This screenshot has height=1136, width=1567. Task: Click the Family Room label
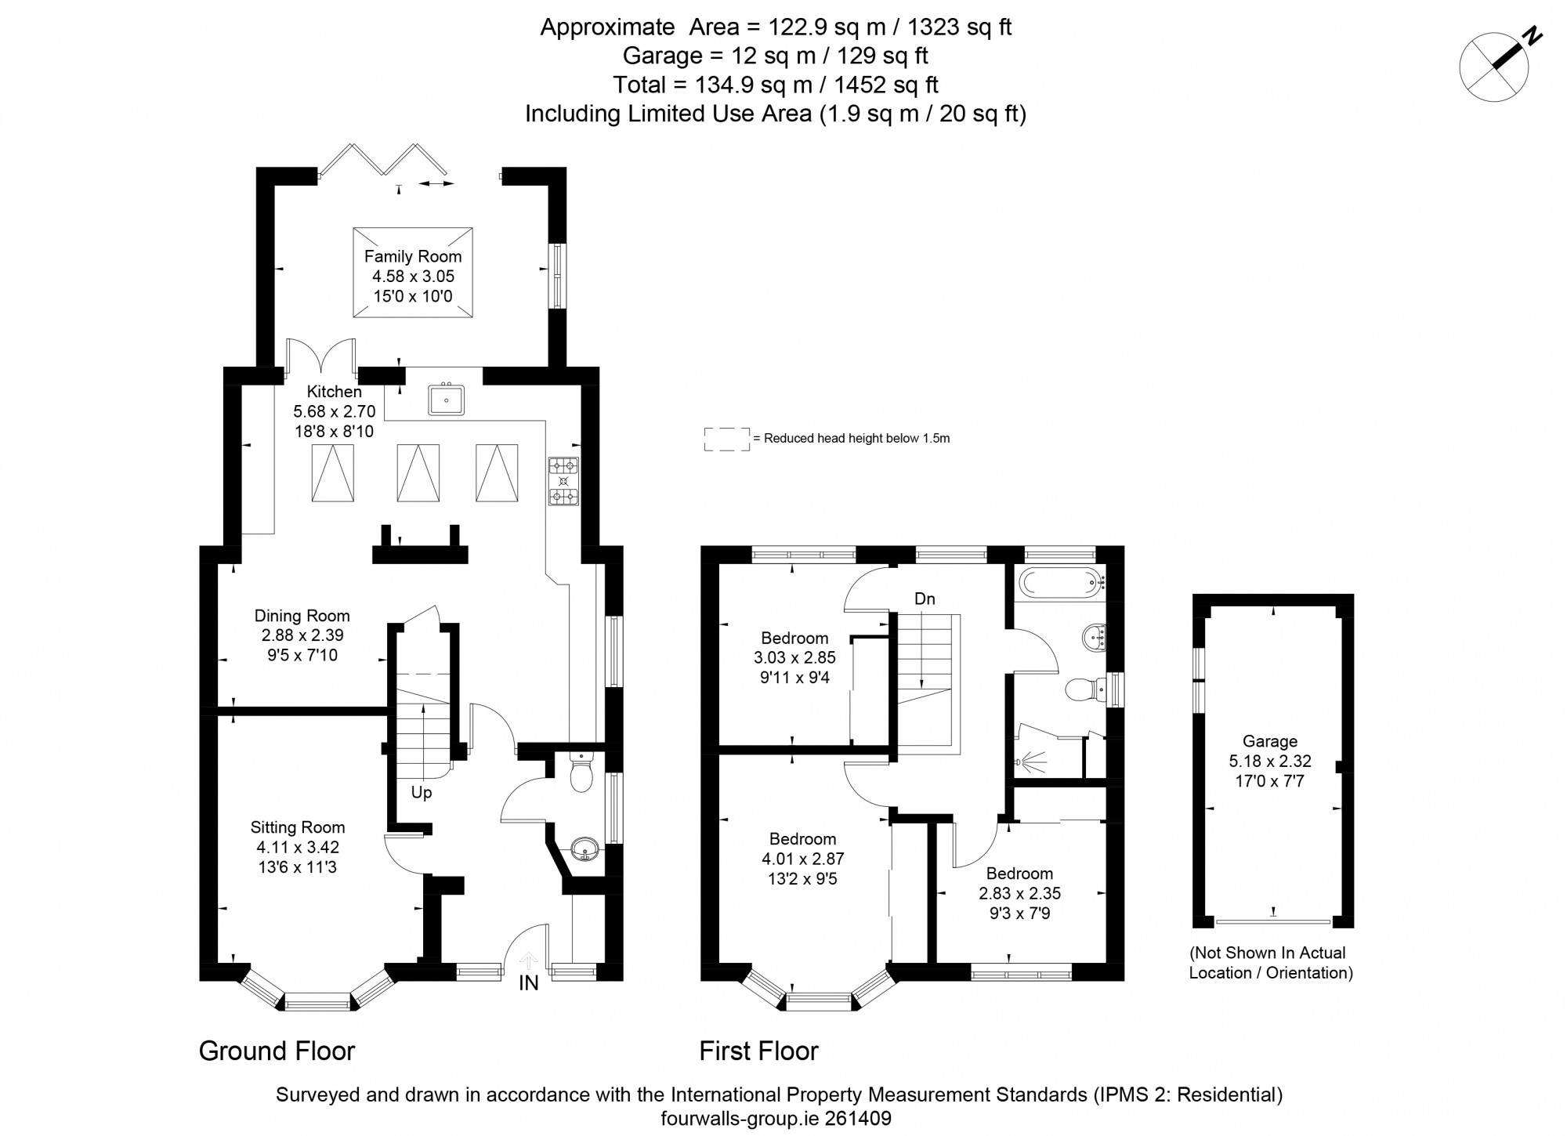[413, 256]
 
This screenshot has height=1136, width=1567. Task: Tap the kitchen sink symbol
[447, 400]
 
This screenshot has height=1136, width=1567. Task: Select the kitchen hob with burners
[563, 481]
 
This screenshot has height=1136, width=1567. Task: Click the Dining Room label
[302, 616]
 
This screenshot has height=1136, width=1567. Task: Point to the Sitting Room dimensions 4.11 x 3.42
[298, 847]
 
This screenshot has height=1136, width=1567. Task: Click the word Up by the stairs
[422, 793]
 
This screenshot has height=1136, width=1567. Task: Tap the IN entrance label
[529, 983]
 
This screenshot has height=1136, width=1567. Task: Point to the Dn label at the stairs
[925, 599]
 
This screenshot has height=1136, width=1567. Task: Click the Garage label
[1270, 741]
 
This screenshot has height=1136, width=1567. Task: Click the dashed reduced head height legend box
[726, 439]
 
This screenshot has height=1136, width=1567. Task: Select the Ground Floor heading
[277, 1051]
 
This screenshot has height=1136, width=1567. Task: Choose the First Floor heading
[758, 1051]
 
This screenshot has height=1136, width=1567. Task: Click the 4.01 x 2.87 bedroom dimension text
[802, 859]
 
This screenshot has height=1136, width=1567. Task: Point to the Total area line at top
[775, 85]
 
